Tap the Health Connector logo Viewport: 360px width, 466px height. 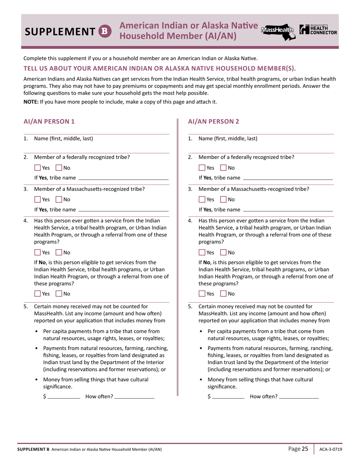pos(318,30)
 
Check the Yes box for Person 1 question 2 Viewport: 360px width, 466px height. pos(38,167)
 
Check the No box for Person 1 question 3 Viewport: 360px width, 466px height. pos(59,199)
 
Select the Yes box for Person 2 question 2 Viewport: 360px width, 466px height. pos(202,167)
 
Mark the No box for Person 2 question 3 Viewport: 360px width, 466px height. pos(223,199)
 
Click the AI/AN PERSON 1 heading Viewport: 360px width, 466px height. pos(49,122)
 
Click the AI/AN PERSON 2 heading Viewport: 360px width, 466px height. pos(213,122)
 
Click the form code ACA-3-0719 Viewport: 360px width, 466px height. pos(328,449)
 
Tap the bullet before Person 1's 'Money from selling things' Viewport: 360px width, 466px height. pos(36,379)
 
